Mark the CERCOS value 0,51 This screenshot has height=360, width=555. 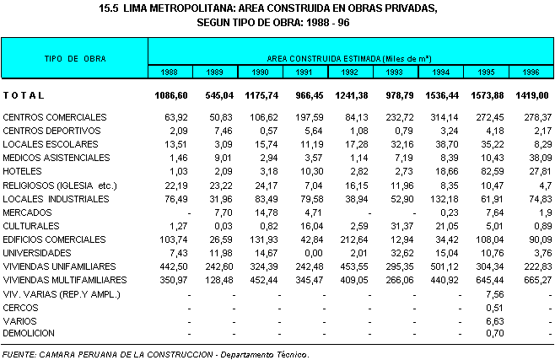496,307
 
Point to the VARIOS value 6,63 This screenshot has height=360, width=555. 496,320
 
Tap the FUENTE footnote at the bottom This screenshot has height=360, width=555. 156,354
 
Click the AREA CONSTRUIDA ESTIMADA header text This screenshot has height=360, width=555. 348,58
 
